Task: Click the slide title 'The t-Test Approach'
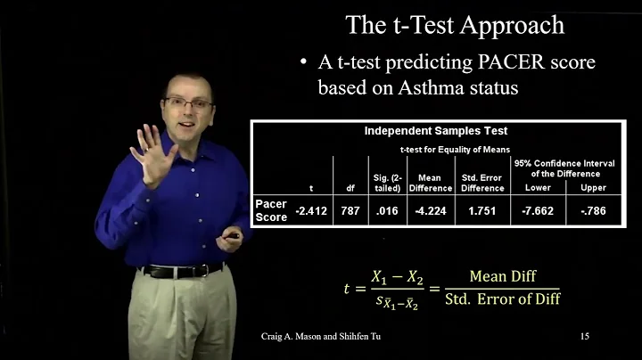pos(455,24)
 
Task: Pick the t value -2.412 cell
pos(310,210)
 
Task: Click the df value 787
pos(350,210)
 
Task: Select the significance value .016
pos(385,210)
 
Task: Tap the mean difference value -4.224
pos(430,210)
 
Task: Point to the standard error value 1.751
pos(481,210)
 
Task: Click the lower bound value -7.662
pos(536,210)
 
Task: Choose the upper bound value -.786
pos(594,210)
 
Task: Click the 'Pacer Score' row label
pos(271,210)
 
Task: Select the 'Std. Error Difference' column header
pos(481,183)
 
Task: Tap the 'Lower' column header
pos(536,188)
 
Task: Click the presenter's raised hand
pos(150,151)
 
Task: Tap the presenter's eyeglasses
pos(189,104)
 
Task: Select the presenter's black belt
pos(183,269)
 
